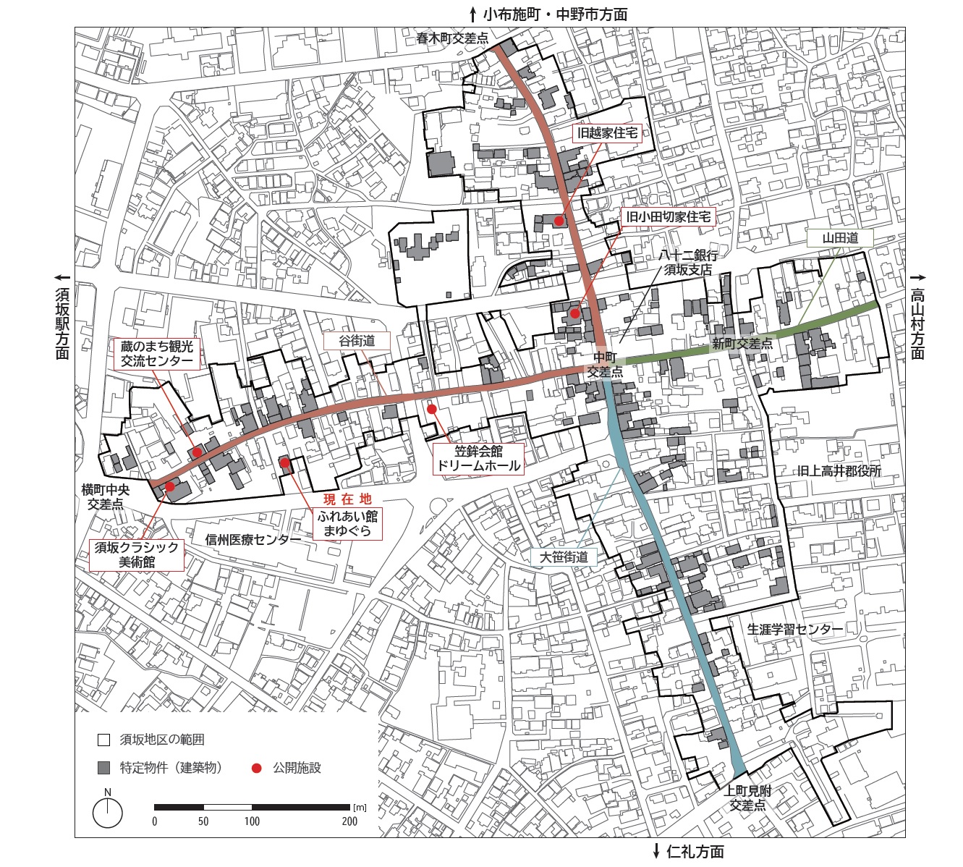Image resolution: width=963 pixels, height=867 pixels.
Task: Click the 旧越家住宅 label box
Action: pos(606,133)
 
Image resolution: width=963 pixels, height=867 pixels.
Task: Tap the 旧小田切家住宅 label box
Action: pos(668,216)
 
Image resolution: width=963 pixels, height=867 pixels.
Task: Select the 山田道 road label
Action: pos(840,238)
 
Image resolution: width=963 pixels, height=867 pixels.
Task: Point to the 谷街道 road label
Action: pos(357,340)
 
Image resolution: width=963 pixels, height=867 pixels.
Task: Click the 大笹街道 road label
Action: pos(564,557)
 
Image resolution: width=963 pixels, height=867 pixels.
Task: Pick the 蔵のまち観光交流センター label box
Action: pos(157,354)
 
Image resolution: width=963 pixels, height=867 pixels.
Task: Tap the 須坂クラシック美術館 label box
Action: pos(137,554)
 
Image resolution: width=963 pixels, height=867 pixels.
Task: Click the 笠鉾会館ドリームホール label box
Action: pos(478,459)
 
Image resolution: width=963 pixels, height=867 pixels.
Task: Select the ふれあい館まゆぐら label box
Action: pos(347,523)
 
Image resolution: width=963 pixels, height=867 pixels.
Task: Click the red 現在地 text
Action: pos(347,499)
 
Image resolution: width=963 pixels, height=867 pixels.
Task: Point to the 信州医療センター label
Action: pos(253,540)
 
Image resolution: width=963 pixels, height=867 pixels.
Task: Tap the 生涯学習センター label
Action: pos(794,629)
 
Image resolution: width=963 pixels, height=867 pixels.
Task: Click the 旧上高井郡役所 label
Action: pos(839,470)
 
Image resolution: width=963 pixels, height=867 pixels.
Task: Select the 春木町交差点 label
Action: pos(452,39)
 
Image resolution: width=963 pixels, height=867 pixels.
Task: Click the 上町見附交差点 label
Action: pos(747,798)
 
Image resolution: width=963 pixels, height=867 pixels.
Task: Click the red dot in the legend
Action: pos(256,768)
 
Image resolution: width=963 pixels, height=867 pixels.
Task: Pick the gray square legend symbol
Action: pos(104,768)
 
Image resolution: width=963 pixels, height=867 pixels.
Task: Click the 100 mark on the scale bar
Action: pos(252,821)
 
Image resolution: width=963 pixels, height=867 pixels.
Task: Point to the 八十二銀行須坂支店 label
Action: pos(688,263)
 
